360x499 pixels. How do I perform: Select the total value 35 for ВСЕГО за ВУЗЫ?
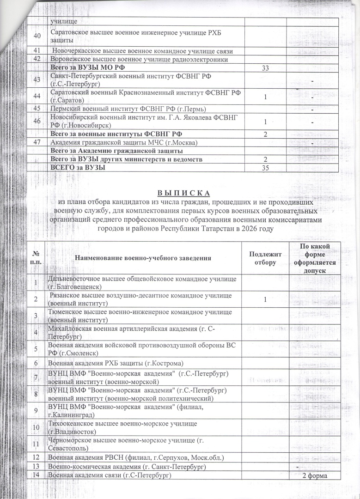pos(265,168)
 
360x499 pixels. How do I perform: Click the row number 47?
pos(37,142)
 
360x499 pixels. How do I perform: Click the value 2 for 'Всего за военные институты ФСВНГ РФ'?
pos(265,134)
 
